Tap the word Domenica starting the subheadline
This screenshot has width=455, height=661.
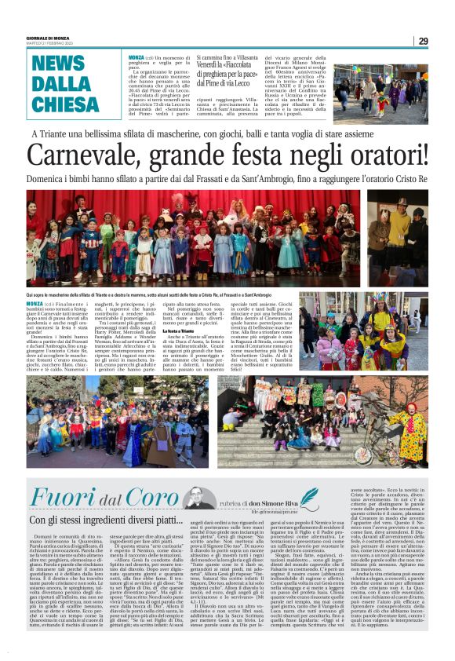coord(49,179)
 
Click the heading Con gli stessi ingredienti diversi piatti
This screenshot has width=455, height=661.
coord(105,520)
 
